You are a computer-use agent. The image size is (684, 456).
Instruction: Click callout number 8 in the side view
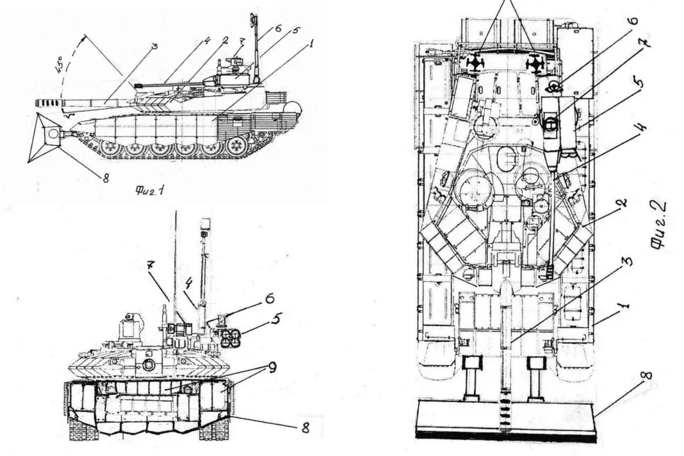coord(106,179)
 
